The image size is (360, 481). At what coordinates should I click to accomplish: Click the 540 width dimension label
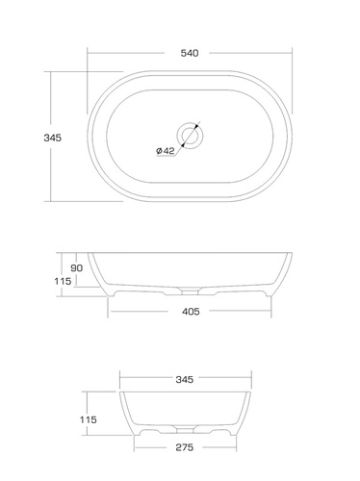(190, 53)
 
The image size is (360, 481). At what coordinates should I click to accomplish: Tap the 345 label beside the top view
(53, 138)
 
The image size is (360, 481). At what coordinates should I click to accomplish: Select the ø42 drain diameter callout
(166, 150)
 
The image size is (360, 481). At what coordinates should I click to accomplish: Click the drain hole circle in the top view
(190, 136)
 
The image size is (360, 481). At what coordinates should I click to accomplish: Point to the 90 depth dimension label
(76, 267)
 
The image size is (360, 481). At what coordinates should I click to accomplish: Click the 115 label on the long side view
(63, 281)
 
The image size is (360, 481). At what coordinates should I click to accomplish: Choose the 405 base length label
(191, 312)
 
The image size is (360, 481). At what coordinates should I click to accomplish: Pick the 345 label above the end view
(185, 380)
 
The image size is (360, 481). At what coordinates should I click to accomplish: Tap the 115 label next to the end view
(89, 419)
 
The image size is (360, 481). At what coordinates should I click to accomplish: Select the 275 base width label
(185, 447)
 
